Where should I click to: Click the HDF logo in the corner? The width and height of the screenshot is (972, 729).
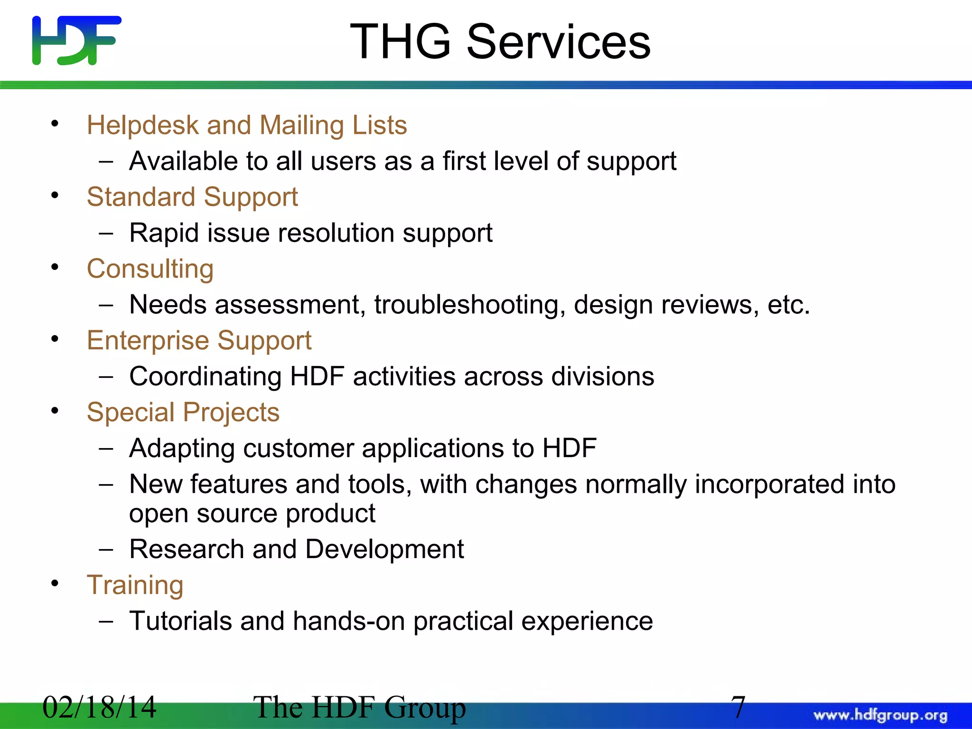tap(76, 40)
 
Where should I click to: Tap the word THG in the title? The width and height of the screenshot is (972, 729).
tap(400, 42)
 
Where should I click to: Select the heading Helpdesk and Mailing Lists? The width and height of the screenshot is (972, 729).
tap(247, 125)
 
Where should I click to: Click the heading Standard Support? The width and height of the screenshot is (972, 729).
tap(192, 197)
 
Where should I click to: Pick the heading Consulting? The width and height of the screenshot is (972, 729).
tap(150, 269)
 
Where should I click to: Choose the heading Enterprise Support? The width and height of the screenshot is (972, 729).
tap(199, 340)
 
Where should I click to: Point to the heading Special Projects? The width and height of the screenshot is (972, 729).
tap(183, 412)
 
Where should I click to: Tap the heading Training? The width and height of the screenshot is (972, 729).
tap(135, 585)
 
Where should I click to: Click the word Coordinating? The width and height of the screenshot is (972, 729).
tap(205, 377)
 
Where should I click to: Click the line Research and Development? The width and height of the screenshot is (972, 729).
tap(296, 549)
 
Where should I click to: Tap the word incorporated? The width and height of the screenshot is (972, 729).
tap(767, 485)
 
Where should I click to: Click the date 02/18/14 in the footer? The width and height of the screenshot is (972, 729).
tap(99, 707)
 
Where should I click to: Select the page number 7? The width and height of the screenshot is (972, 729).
tap(738, 707)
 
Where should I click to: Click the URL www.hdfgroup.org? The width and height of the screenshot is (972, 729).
tap(880, 715)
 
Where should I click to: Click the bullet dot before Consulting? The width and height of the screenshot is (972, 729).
tap(55, 267)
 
